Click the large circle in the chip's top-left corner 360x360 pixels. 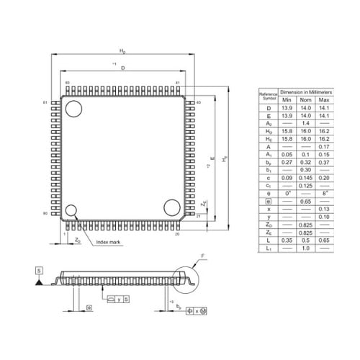click(74, 109)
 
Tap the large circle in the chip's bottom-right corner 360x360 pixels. click(171, 207)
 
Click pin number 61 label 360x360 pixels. click(45, 103)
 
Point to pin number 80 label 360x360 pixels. click(45, 214)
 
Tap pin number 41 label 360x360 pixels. click(177, 84)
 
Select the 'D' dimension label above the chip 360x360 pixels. click(123, 68)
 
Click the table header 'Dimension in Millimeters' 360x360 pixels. click(306, 93)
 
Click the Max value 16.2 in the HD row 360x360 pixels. click(323, 131)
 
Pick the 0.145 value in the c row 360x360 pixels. click(306, 177)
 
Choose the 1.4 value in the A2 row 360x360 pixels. click(306, 124)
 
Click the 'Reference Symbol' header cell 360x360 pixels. click(269, 96)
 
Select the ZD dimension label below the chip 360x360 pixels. click(77, 240)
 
